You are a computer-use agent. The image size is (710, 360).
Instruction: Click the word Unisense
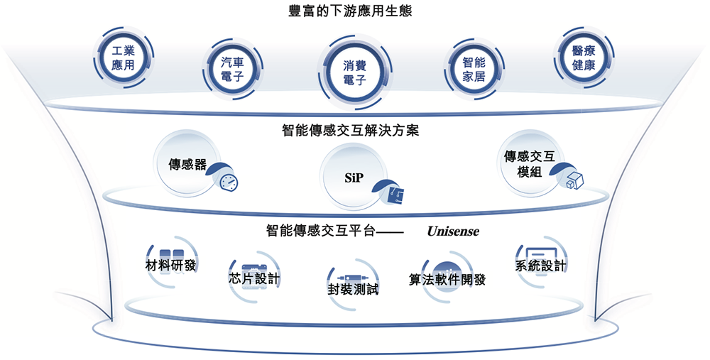[x=453, y=231]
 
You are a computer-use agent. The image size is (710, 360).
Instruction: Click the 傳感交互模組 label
[x=530, y=163]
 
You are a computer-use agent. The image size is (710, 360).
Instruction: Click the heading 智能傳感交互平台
[x=319, y=231]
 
